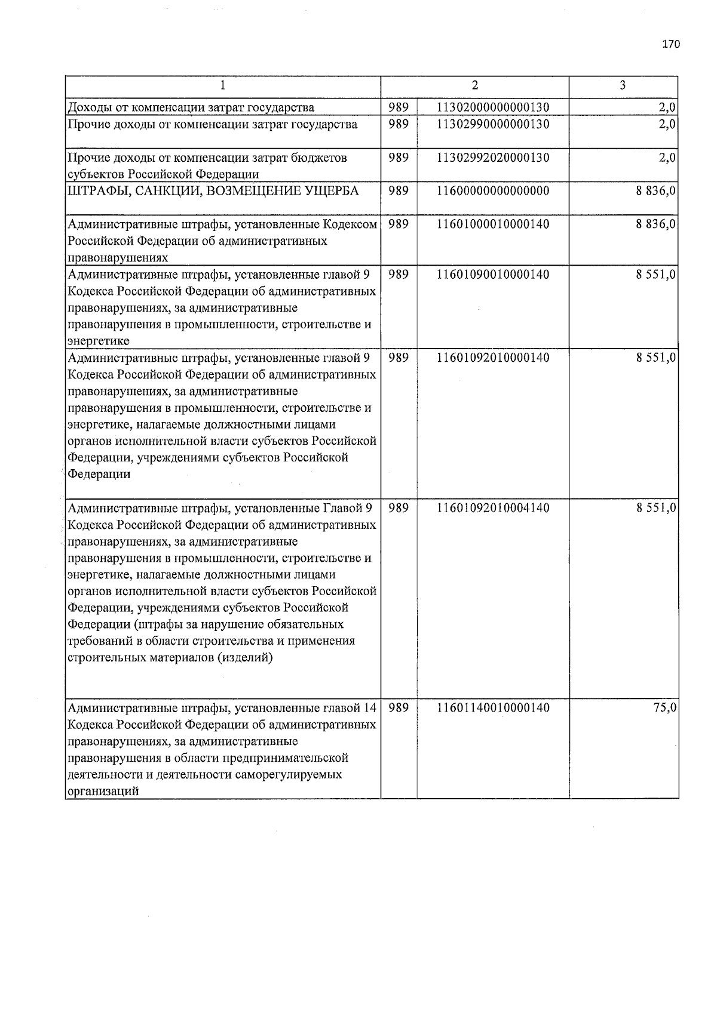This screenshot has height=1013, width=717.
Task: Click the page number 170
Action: point(671,44)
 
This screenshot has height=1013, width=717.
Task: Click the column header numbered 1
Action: point(222,85)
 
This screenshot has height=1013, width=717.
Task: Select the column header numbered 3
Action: point(623,85)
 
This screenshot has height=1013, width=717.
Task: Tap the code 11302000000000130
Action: point(493,107)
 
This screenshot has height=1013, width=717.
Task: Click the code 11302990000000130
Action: point(493,124)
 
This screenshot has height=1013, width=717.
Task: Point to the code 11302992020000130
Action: point(493,158)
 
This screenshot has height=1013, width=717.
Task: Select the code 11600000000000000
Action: point(493,191)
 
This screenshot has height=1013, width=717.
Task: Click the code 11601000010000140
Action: point(493,224)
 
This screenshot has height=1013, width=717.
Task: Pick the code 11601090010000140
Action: point(493,275)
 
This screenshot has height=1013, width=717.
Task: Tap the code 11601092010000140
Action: point(493,358)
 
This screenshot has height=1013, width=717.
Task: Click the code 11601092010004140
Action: point(493,508)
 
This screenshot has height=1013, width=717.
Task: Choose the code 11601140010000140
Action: point(493,708)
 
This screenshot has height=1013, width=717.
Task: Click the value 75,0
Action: point(664,708)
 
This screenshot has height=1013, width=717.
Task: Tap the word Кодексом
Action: point(350,224)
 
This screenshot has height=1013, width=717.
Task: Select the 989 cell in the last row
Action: point(399,708)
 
